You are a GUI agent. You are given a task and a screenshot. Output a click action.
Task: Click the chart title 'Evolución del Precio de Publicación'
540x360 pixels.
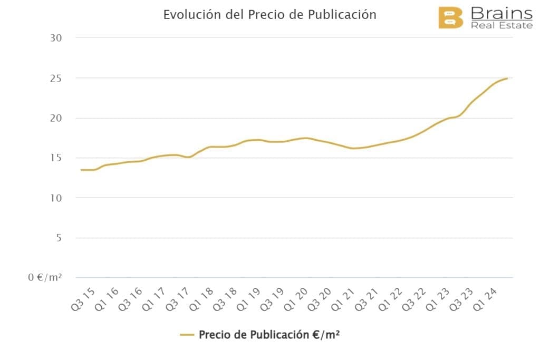coord(269,15)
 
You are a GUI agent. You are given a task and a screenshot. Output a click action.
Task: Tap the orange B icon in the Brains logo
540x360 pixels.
coord(450,18)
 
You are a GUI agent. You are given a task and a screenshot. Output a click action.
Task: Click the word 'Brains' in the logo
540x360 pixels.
coord(501,13)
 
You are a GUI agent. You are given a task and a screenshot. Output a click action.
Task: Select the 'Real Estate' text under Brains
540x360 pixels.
coord(501,25)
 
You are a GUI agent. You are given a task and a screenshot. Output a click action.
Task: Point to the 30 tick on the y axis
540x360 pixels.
coord(56,38)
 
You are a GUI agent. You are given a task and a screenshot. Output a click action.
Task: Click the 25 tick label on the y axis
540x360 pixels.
coord(56,78)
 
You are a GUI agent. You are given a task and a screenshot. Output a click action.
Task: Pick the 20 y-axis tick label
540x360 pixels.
coord(56,118)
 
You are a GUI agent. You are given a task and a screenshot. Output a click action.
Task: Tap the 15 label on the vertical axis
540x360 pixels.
coord(56,158)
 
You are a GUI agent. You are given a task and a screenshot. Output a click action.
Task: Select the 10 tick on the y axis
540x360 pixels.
coord(56,198)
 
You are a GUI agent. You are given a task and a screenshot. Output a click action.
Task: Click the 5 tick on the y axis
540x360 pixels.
coord(59,238)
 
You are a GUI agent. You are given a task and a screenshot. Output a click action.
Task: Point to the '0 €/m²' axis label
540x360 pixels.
coord(45,278)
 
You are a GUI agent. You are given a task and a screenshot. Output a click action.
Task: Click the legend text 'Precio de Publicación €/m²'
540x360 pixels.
coord(268,335)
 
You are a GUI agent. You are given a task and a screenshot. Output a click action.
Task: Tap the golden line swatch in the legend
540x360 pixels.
coord(187,335)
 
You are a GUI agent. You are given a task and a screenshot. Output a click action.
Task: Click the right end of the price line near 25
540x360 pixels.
coord(507,79)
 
